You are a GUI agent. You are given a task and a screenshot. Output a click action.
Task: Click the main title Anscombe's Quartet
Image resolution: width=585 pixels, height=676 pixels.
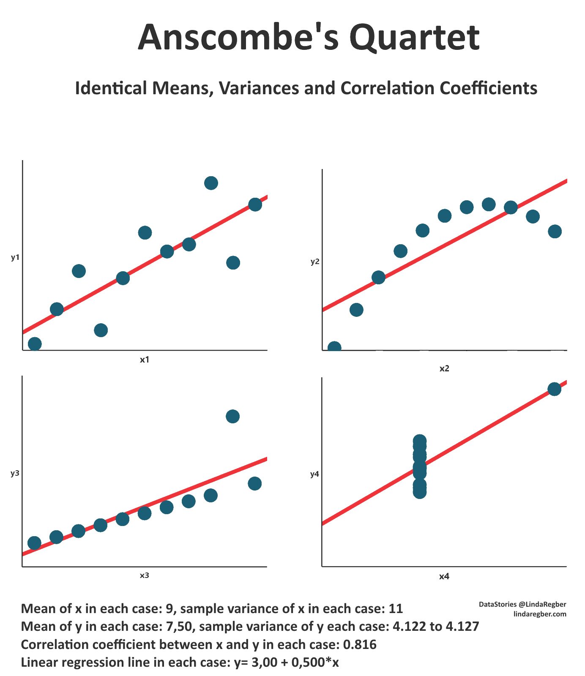(309, 37)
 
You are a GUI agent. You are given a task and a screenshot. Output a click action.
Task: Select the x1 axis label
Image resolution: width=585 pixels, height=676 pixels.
(145, 360)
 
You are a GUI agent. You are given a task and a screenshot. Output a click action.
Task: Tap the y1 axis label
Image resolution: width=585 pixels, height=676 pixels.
(15, 257)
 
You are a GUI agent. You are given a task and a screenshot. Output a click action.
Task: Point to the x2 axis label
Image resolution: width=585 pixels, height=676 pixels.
(444, 368)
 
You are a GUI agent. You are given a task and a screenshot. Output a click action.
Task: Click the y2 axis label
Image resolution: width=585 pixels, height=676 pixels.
(315, 262)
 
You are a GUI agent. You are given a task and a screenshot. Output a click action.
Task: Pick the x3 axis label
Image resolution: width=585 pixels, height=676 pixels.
(145, 575)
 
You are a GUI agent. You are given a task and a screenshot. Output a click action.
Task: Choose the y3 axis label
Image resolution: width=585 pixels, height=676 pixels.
(15, 473)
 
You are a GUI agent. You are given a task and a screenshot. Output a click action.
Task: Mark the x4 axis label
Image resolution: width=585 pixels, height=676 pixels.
(444, 576)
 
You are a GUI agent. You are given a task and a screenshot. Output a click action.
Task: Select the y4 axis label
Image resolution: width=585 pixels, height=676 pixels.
(315, 474)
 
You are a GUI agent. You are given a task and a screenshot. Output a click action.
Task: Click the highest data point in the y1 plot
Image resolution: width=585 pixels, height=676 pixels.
(211, 183)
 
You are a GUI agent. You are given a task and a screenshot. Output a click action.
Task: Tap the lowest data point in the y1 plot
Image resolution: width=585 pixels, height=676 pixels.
(35, 344)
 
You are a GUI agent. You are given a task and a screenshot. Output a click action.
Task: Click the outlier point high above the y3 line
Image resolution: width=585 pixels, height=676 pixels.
(232, 416)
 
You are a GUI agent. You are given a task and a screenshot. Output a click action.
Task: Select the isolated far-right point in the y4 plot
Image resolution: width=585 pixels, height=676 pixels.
(554, 389)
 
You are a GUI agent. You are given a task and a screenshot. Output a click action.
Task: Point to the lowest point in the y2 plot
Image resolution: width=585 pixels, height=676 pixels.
(334, 348)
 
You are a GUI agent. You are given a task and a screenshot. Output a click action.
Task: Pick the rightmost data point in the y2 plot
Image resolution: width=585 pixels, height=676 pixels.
(555, 231)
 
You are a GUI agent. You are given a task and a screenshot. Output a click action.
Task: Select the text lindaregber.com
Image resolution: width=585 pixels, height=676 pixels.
(540, 614)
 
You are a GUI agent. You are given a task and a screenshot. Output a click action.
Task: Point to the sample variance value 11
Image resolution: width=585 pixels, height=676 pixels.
(396, 609)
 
